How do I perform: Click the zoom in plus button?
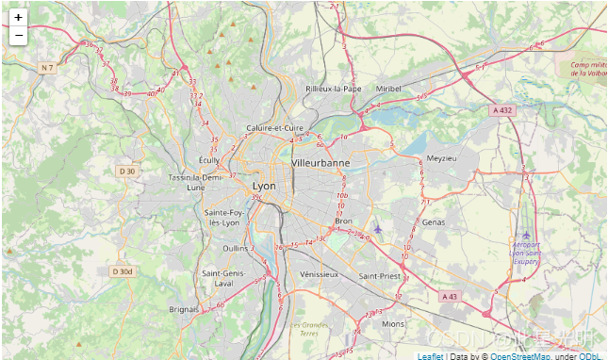pos(18,17)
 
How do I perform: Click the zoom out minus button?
pos(18,36)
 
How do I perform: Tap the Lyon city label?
pos(265,187)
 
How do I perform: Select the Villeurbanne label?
pos(320,163)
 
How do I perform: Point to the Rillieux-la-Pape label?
pos(333,89)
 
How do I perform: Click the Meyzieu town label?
pos(440,158)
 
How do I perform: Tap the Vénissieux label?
pos(318,274)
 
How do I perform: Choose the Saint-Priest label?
pos(379,276)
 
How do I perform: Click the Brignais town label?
pos(184,308)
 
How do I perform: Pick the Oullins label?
pos(236,248)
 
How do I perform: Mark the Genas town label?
pos(435,222)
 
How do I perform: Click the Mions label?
pos(393,323)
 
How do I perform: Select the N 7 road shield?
pos(48,68)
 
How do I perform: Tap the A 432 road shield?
pos(502,110)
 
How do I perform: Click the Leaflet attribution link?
pos(431,356)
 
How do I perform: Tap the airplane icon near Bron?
pos(378,229)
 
